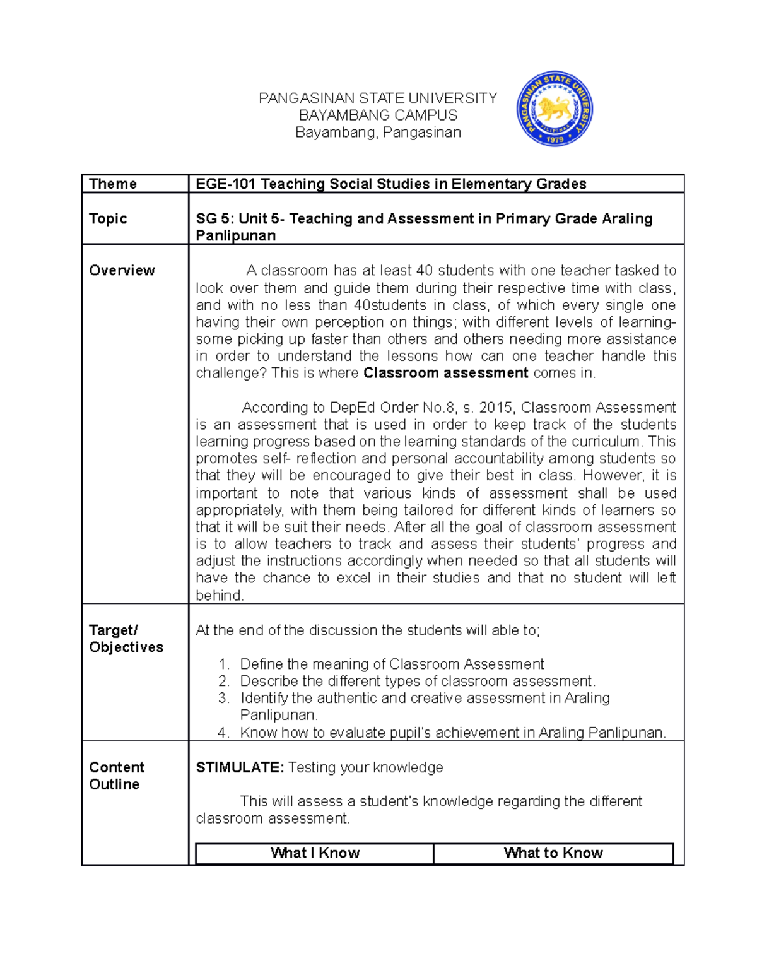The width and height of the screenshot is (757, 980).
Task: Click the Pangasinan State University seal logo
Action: [x=554, y=109]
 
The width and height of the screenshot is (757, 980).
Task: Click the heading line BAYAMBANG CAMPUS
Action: [x=378, y=115]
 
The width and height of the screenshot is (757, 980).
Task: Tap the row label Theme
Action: [x=113, y=184]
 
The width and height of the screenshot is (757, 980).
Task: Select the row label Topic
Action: [x=108, y=218]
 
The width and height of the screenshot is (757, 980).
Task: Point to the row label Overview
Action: [x=122, y=270]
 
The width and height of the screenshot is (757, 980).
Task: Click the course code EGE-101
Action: [x=226, y=184]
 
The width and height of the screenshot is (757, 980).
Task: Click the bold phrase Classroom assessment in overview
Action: [x=446, y=373]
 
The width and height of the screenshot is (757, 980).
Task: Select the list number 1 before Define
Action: [x=223, y=664]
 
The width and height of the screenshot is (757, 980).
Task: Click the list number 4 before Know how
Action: [x=223, y=733]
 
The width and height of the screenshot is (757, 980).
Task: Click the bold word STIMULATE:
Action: [x=240, y=767]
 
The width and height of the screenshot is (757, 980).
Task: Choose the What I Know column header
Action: [x=315, y=853]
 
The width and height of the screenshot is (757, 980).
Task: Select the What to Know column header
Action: [x=553, y=853]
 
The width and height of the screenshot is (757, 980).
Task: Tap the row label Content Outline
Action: [x=117, y=776]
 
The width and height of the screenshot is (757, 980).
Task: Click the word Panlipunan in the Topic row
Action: [x=235, y=236]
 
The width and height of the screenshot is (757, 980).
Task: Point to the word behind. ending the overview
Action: [x=220, y=596]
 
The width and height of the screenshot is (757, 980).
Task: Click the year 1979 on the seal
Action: [x=554, y=139]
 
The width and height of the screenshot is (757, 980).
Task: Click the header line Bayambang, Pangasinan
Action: [x=378, y=133]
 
